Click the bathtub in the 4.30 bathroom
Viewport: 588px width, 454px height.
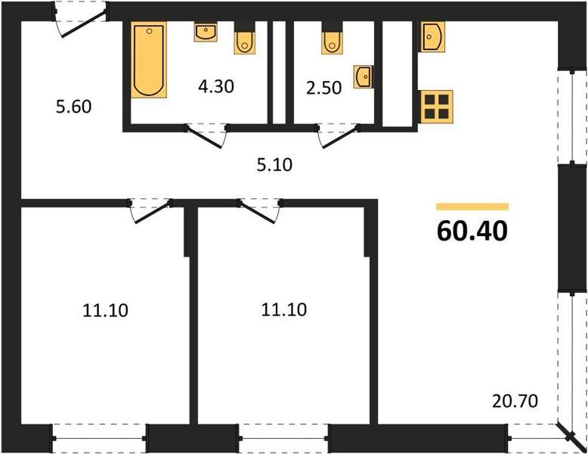[x=149, y=60]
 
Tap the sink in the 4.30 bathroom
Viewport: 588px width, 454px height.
[x=206, y=32]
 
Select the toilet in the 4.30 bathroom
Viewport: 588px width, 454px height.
[x=245, y=37]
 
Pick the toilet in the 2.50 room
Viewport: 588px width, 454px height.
[x=332, y=37]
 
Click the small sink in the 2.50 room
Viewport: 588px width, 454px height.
[x=364, y=77]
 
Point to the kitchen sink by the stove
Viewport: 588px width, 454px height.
[x=433, y=36]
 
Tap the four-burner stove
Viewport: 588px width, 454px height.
[x=436, y=107]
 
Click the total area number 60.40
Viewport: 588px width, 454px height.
[x=472, y=231]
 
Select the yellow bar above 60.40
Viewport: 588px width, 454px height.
[x=472, y=207]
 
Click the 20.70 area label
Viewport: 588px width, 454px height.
[x=515, y=401]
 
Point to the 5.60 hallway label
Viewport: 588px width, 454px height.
[x=73, y=107]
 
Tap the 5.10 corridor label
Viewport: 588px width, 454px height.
[x=274, y=165]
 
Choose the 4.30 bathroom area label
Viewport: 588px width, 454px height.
[x=216, y=86]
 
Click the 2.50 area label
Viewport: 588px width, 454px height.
[x=324, y=88]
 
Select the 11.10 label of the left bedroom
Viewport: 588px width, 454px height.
[x=105, y=310]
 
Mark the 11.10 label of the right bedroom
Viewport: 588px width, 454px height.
[x=284, y=309]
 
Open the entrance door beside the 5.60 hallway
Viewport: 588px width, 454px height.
[x=83, y=24]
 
